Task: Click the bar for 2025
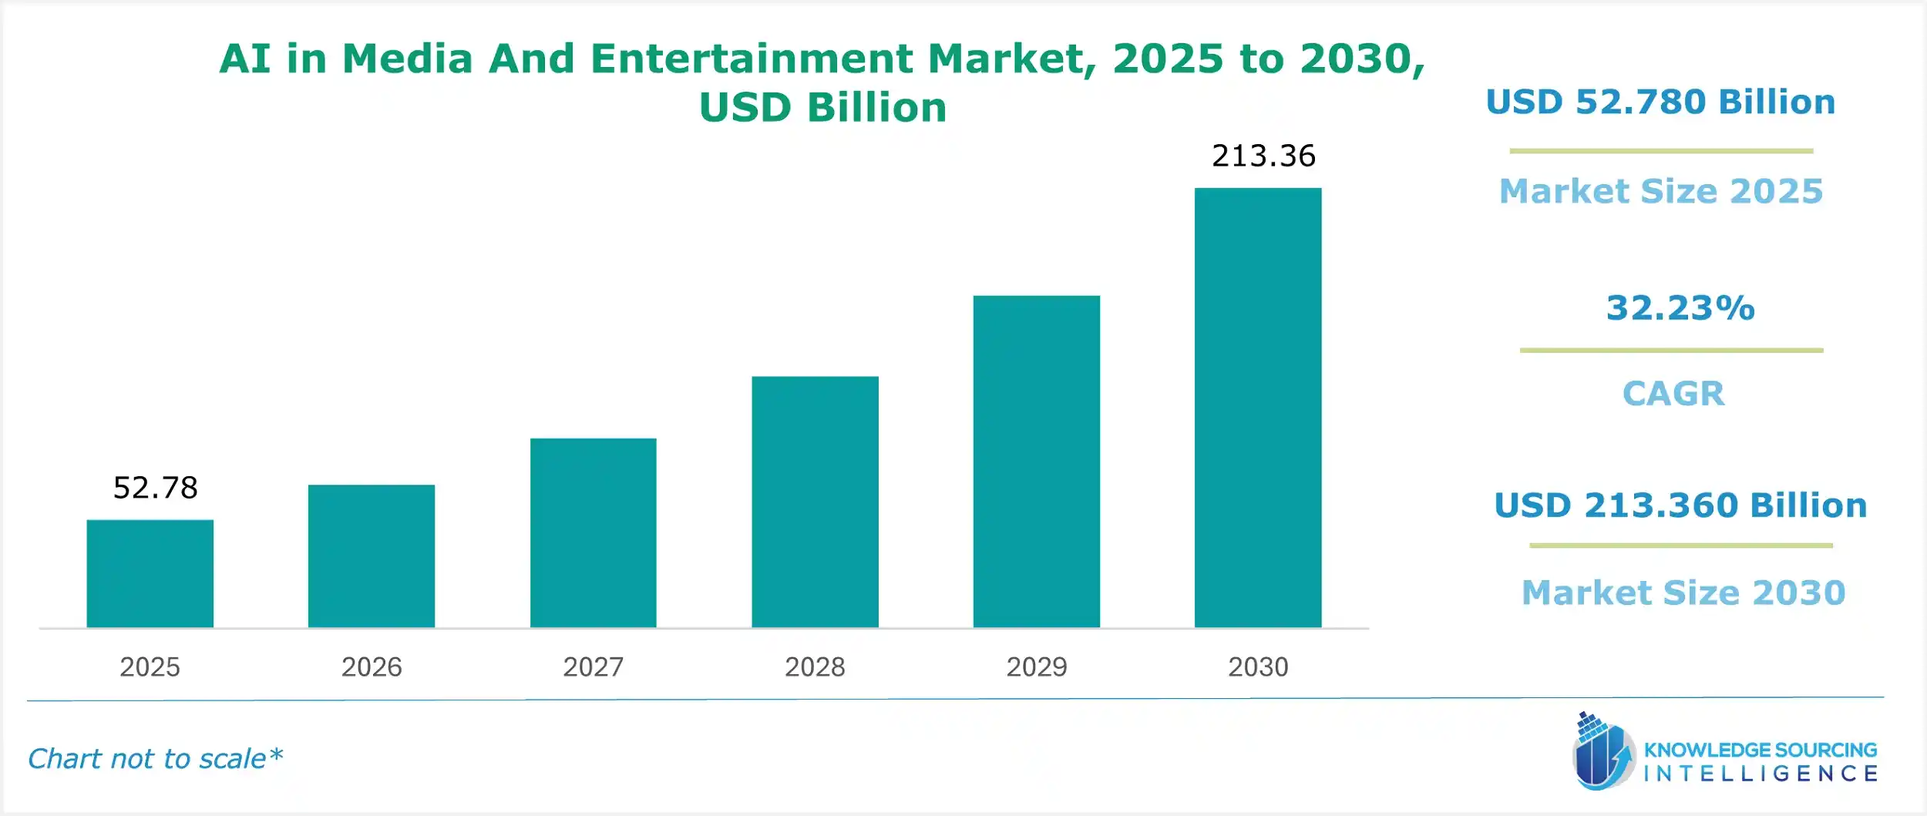[x=150, y=573]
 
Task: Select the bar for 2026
[x=372, y=556]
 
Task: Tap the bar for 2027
[x=593, y=532]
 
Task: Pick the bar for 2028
[x=815, y=502]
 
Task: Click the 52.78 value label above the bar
[x=155, y=488]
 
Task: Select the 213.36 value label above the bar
[x=1263, y=156]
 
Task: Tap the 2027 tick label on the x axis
[x=593, y=667]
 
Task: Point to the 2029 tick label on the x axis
[x=1036, y=667]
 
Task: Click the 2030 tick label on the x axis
[x=1258, y=667]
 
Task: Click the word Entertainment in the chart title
[x=751, y=59]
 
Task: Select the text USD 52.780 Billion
[x=1660, y=102]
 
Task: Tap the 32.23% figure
[x=1680, y=307]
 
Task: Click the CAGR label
[x=1673, y=394]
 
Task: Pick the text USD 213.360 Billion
[x=1680, y=505]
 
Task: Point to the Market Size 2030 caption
[x=1683, y=593]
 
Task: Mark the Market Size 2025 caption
[x=1661, y=191]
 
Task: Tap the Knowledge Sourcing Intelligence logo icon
[x=1602, y=752]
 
